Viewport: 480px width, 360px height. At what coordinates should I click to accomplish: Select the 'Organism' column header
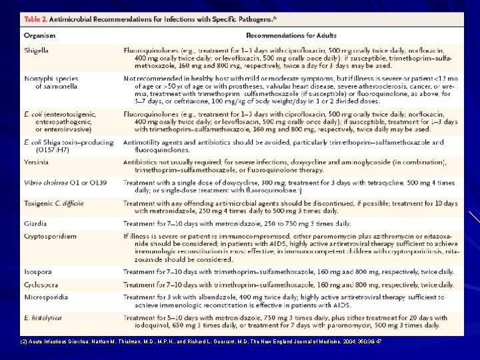[39, 35]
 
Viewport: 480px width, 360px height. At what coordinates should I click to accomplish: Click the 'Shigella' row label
[37, 51]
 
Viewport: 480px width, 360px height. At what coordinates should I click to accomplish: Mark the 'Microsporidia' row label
[45, 297]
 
